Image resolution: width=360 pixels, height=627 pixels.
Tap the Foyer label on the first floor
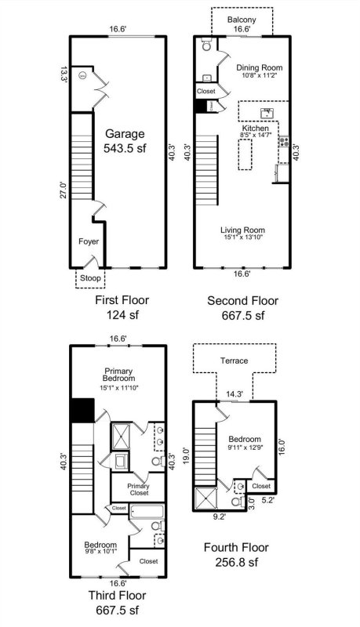click(88, 242)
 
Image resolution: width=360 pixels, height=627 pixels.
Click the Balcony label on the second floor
click(242, 19)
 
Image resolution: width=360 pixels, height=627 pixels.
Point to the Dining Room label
click(259, 68)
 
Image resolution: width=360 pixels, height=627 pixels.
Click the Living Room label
click(242, 230)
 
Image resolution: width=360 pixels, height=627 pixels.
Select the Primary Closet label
click(138, 490)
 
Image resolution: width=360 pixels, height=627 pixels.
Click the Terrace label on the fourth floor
click(234, 361)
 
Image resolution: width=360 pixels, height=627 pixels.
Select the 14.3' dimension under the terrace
click(235, 394)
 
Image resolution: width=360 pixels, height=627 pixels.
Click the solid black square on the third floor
click(82, 410)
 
